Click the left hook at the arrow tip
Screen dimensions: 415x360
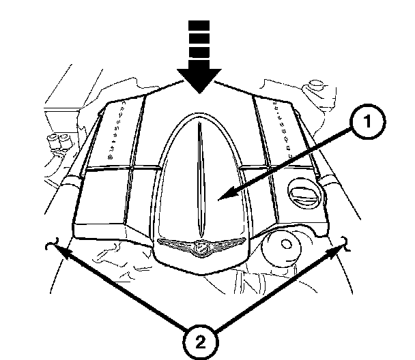49,246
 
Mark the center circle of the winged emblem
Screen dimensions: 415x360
201,247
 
